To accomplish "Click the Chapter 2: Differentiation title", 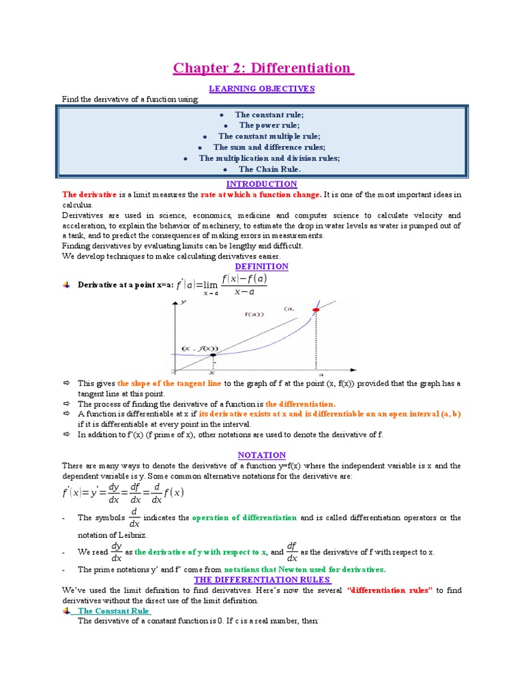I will point(263,68).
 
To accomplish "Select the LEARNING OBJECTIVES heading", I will point(261,89).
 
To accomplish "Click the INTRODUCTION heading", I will point(261,184).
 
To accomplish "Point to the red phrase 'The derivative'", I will point(89,194).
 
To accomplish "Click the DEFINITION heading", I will point(261,267).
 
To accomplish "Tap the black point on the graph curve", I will point(213,355).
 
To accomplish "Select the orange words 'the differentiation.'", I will point(300,404).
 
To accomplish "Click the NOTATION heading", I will point(261,455).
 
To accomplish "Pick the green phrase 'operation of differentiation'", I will point(244,518).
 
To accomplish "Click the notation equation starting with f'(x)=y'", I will point(123,494).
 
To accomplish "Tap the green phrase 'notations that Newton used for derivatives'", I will point(304,569).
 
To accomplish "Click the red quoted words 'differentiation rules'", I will point(390,590).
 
